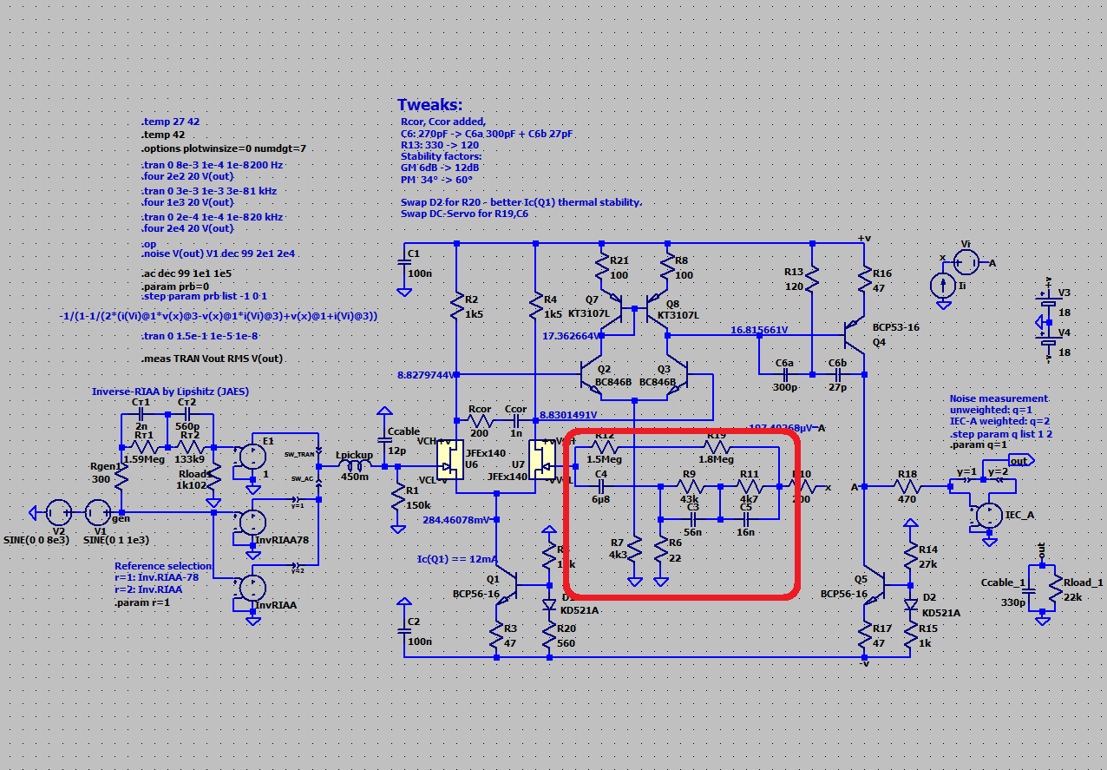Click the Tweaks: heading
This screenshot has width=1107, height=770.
pos(430,105)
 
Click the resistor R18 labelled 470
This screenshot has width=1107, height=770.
pos(907,487)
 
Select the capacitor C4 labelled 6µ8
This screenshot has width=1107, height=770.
pos(601,487)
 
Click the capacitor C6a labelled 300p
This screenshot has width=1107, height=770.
pos(784,375)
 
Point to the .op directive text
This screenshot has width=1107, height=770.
pos(148,244)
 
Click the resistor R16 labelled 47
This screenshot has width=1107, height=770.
pos(865,280)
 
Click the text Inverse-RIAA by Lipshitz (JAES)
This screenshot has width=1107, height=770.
pos(170,392)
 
